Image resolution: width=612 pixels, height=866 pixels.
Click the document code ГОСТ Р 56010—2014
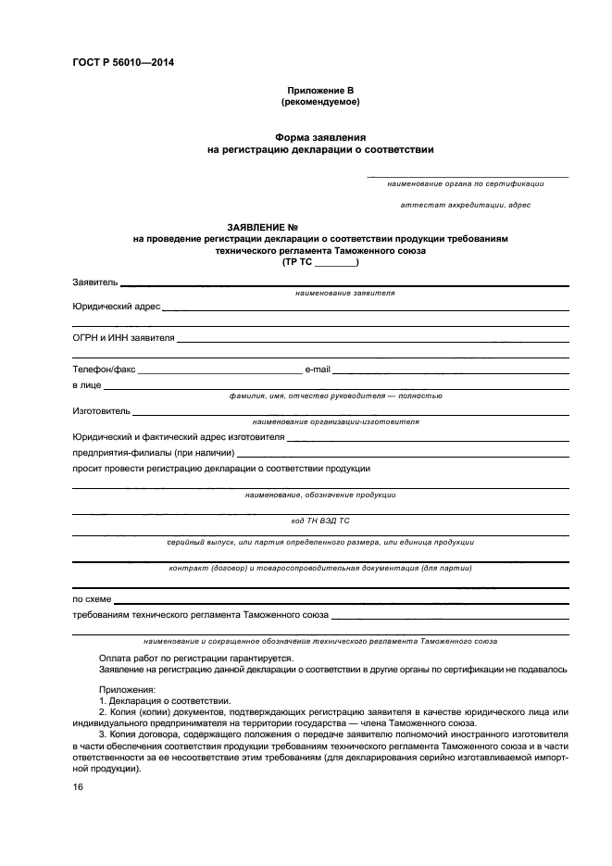click(x=122, y=63)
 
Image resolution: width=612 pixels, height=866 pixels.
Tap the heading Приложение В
click(x=320, y=89)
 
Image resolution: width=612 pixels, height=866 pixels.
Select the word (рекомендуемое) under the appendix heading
click(x=320, y=101)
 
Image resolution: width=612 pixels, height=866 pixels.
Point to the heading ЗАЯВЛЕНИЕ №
click(x=262, y=227)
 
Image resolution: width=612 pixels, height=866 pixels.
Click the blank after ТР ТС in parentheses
click(x=334, y=261)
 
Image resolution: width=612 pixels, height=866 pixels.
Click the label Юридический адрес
click(x=117, y=305)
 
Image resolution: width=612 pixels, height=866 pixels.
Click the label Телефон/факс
click(x=104, y=369)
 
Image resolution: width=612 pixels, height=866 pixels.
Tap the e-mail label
click(x=318, y=369)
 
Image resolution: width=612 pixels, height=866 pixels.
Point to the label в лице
click(x=87, y=384)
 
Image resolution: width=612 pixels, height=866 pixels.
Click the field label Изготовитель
click(x=101, y=409)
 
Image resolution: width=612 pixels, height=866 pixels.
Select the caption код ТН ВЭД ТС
click(x=320, y=521)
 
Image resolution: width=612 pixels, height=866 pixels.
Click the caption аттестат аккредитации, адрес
click(x=466, y=204)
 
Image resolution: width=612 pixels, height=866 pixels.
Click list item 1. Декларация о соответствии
click(x=164, y=701)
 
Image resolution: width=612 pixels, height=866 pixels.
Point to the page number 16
click(x=78, y=786)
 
